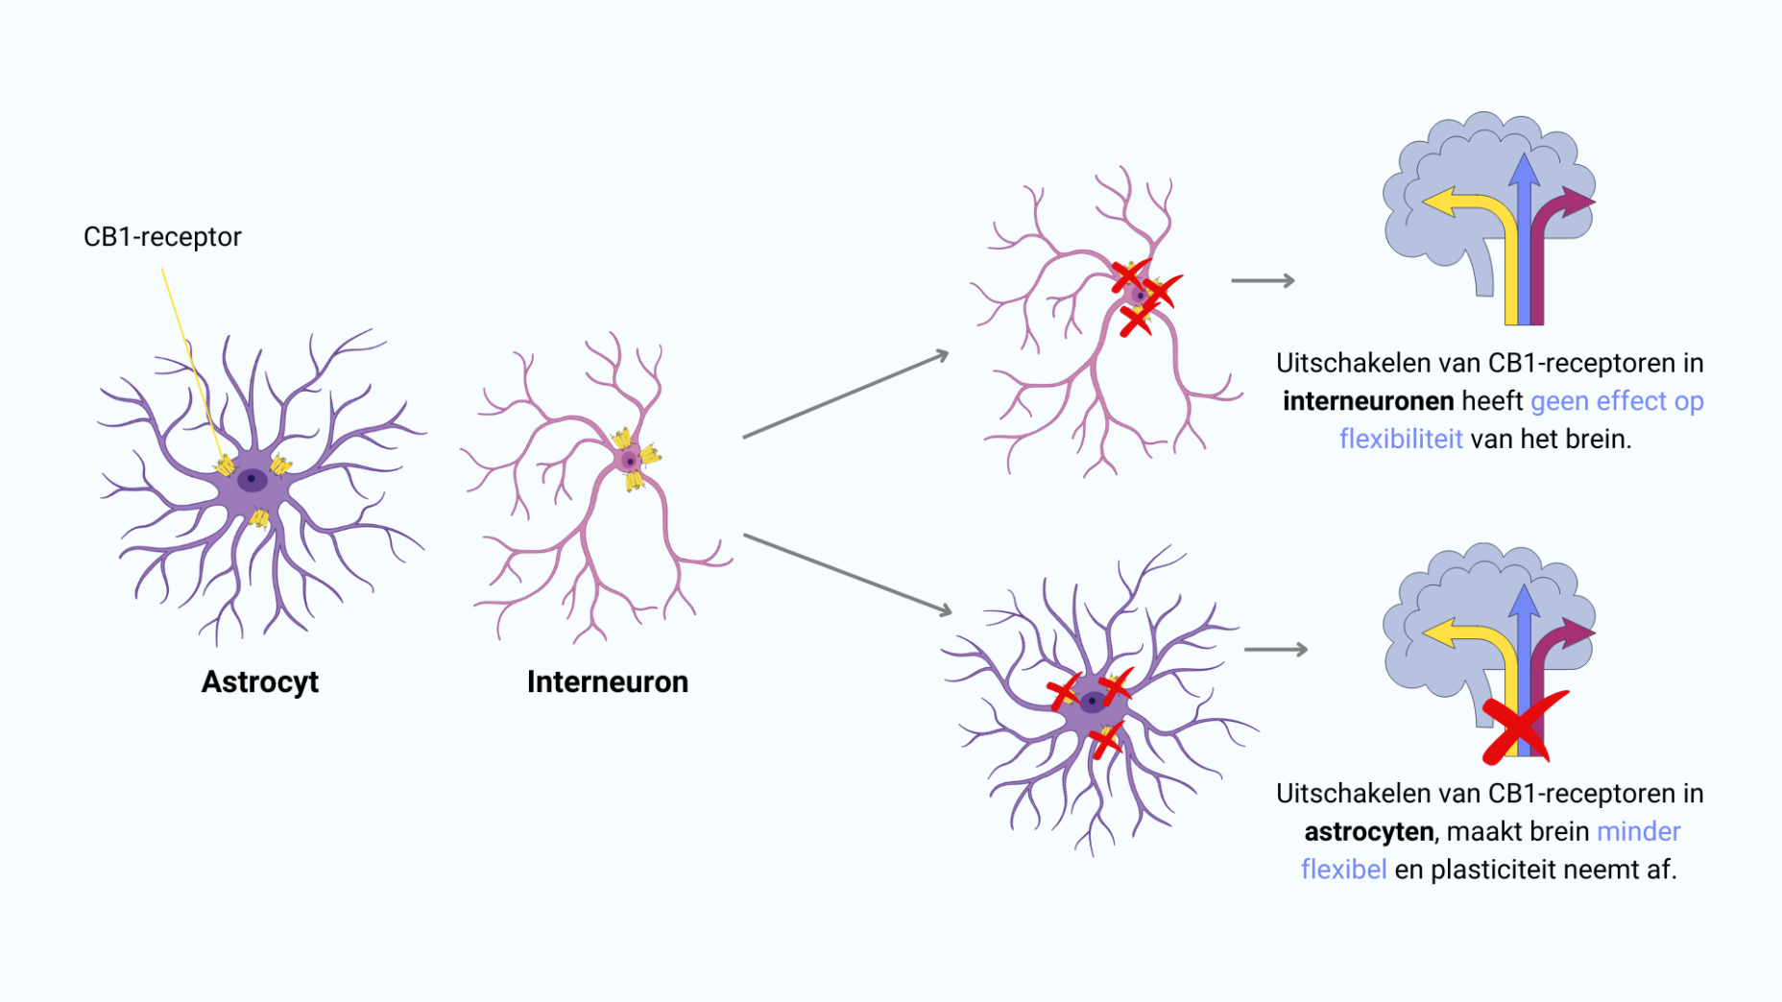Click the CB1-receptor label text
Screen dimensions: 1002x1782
tap(162, 237)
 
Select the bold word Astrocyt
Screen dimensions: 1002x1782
tap(259, 681)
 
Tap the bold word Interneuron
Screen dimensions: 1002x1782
tap(607, 681)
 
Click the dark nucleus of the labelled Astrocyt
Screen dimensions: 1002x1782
tap(252, 479)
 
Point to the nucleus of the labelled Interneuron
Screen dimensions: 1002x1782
tap(630, 462)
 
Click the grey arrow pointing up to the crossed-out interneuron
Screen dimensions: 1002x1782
tap(845, 394)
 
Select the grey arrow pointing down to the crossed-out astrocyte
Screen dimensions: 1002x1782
tap(847, 574)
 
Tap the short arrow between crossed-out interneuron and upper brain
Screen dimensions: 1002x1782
tap(1263, 281)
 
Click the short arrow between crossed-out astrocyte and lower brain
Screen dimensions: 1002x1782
tap(1275, 650)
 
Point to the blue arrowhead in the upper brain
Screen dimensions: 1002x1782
tap(1524, 170)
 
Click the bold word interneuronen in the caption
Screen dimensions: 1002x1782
tap(1367, 401)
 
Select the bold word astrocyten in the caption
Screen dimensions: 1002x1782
tap(1368, 831)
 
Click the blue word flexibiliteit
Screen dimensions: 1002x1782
tap(1401, 440)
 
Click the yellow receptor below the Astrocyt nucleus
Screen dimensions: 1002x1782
tap(259, 519)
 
